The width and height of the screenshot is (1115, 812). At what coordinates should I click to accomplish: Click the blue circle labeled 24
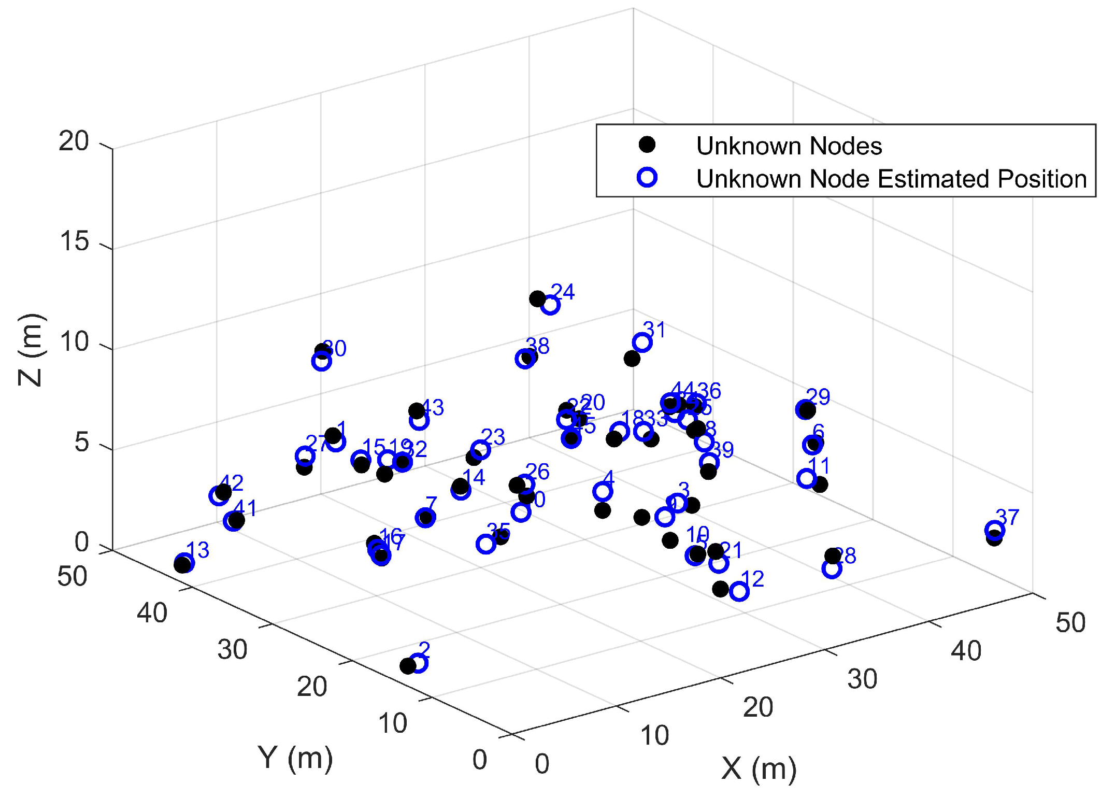[550, 305]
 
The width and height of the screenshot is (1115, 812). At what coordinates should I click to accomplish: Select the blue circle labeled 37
[994, 530]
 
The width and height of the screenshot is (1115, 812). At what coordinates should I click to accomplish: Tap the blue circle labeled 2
[418, 663]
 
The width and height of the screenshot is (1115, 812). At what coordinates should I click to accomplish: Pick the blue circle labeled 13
[184, 562]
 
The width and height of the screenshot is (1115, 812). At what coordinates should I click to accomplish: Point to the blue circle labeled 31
[642, 342]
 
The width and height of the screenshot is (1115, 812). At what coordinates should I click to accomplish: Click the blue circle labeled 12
[739, 592]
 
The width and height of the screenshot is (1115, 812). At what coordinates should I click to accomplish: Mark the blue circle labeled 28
[832, 569]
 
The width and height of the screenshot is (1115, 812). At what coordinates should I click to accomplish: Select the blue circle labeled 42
[219, 496]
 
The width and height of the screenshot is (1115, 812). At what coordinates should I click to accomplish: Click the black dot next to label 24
[537, 298]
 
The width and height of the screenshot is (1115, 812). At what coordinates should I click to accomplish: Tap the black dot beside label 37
[994, 538]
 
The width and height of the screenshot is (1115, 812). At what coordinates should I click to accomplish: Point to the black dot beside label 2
[408, 666]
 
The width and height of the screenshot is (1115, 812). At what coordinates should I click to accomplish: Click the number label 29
[818, 397]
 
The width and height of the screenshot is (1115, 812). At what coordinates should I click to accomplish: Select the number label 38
[537, 346]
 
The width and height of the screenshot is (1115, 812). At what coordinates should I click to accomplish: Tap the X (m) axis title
[759, 768]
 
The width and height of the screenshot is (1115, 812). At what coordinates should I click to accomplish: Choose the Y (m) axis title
[295, 758]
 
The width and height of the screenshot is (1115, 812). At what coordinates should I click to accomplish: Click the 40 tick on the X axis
[966, 651]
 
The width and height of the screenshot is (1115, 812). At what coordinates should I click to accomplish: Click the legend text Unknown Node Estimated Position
[891, 179]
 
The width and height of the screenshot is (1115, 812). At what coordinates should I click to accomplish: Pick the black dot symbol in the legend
[647, 145]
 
